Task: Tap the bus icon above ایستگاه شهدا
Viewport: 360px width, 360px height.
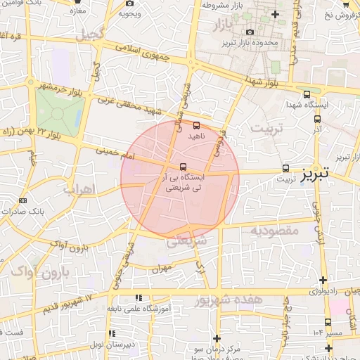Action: (x=307, y=95)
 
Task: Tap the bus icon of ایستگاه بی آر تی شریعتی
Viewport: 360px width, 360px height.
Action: (x=184, y=167)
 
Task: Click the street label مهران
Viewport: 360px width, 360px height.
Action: (x=161, y=268)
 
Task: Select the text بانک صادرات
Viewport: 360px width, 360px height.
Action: (x=40, y=210)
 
